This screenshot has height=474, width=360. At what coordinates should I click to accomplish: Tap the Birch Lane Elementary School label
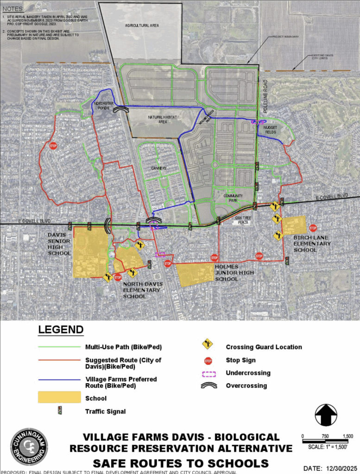[312, 244]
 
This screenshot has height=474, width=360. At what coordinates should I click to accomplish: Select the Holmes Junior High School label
[234, 273]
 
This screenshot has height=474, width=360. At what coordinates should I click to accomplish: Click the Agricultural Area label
[142, 25]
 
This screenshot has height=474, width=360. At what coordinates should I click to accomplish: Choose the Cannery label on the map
[158, 168]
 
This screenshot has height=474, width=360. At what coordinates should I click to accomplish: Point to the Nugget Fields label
[270, 129]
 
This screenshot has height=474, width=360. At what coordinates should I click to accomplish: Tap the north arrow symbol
[326, 415]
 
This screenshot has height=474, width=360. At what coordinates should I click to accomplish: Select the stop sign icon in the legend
[208, 361]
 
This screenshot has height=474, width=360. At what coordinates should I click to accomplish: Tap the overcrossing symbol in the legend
[208, 386]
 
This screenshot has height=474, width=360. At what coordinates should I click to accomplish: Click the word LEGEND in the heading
[60, 330]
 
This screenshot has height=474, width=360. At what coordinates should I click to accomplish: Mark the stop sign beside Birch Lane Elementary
[313, 228]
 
